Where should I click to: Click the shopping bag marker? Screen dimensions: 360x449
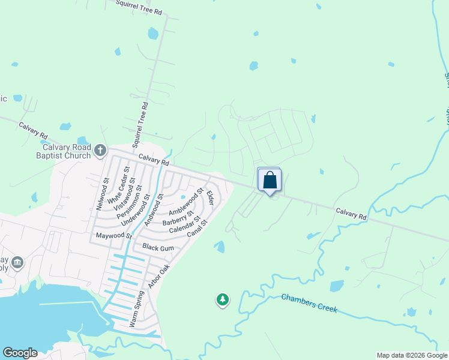click(270, 180)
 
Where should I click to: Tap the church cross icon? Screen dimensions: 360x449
click(100, 149)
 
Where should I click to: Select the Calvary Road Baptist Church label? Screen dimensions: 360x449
click(66, 151)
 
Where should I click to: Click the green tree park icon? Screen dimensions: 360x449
click(223, 299)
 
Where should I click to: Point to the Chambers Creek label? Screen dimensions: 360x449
click(309, 304)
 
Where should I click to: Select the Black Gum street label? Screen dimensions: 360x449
click(158, 248)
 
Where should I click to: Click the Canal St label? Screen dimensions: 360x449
click(196, 228)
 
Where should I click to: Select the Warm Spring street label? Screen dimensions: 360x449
click(137, 309)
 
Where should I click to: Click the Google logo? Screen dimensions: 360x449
click(20, 353)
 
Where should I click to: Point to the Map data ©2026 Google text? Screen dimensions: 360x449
click(412, 355)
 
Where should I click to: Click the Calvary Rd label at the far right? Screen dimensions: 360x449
click(351, 214)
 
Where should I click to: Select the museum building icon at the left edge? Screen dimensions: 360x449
click(17, 262)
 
